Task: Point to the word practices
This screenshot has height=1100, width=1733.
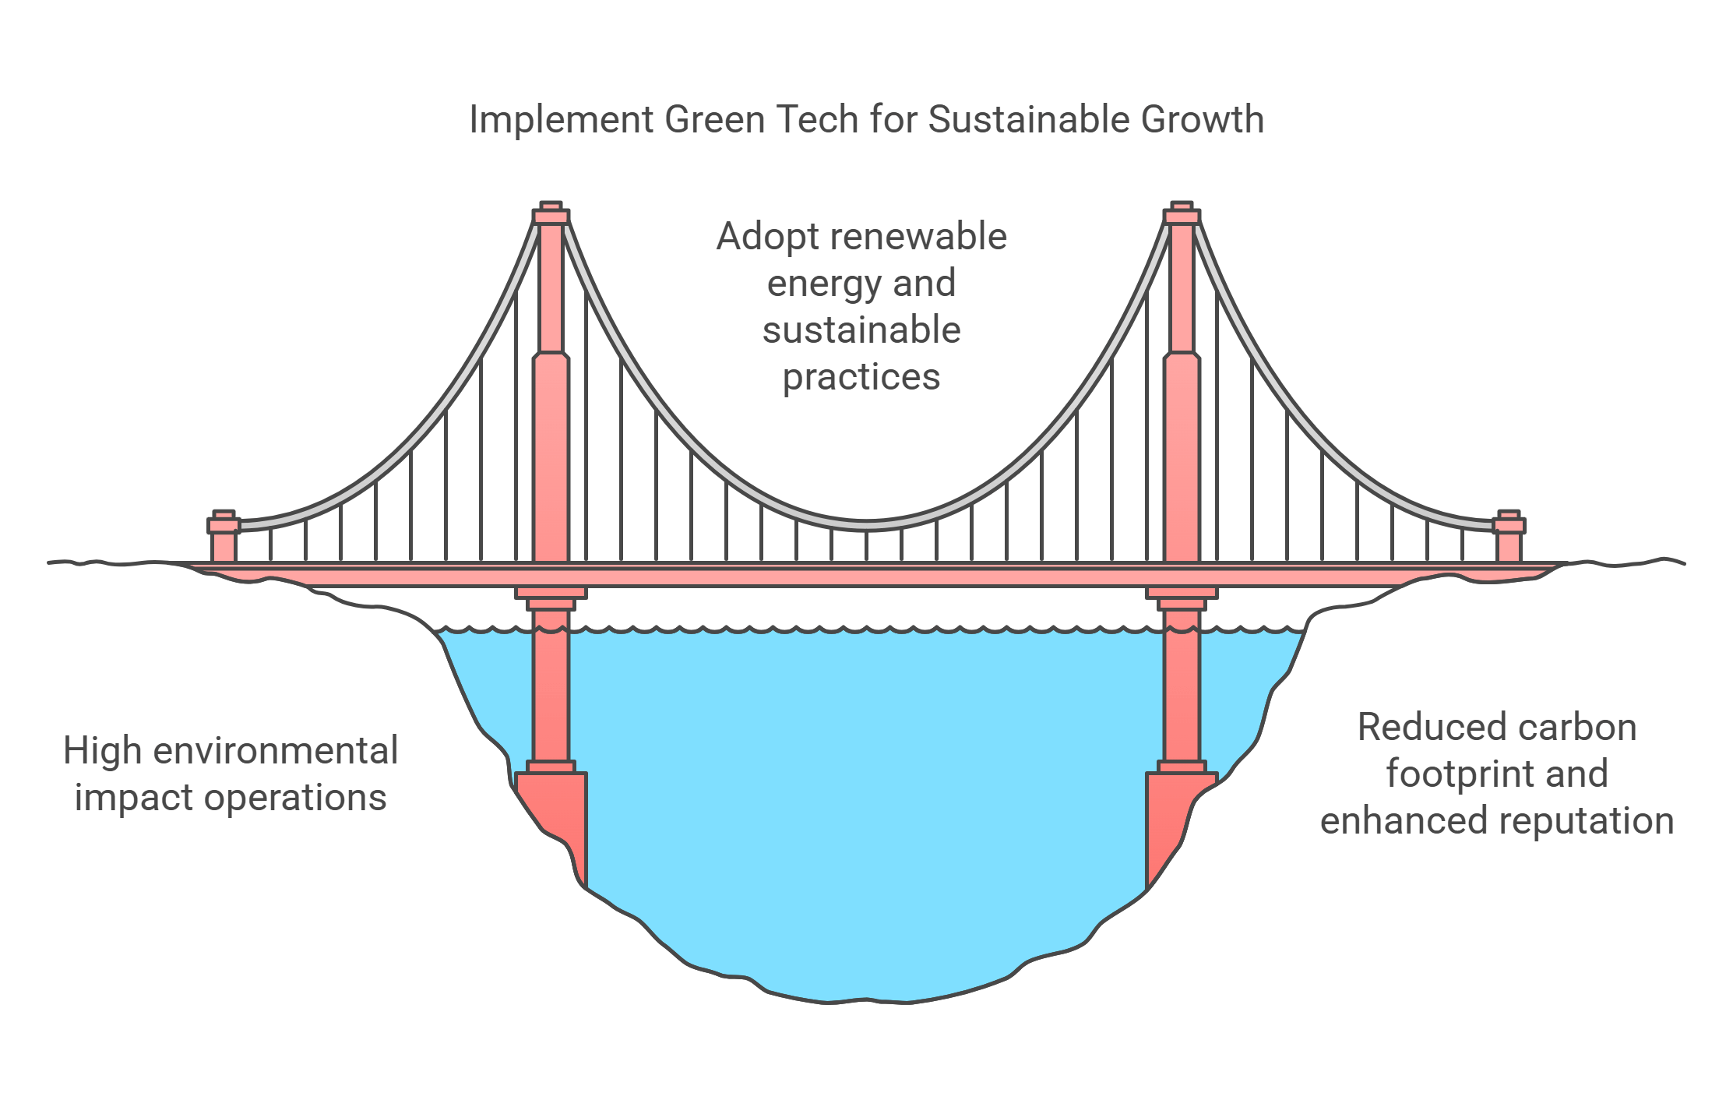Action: click(861, 378)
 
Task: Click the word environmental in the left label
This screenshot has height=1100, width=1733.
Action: click(276, 751)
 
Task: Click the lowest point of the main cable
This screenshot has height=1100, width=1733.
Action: click(866, 525)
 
